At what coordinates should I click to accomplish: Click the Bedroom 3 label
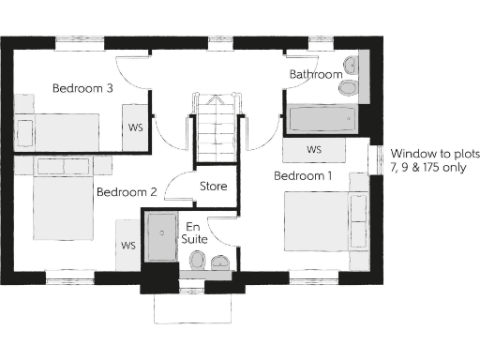82,89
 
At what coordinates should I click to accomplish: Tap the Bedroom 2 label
127,192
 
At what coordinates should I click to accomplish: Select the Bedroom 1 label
302,175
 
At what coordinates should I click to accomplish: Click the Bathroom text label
315,74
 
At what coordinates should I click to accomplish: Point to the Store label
213,187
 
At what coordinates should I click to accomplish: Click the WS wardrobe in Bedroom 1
314,150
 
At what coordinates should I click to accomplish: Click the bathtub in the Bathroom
321,119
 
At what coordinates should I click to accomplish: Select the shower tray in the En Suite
163,238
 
